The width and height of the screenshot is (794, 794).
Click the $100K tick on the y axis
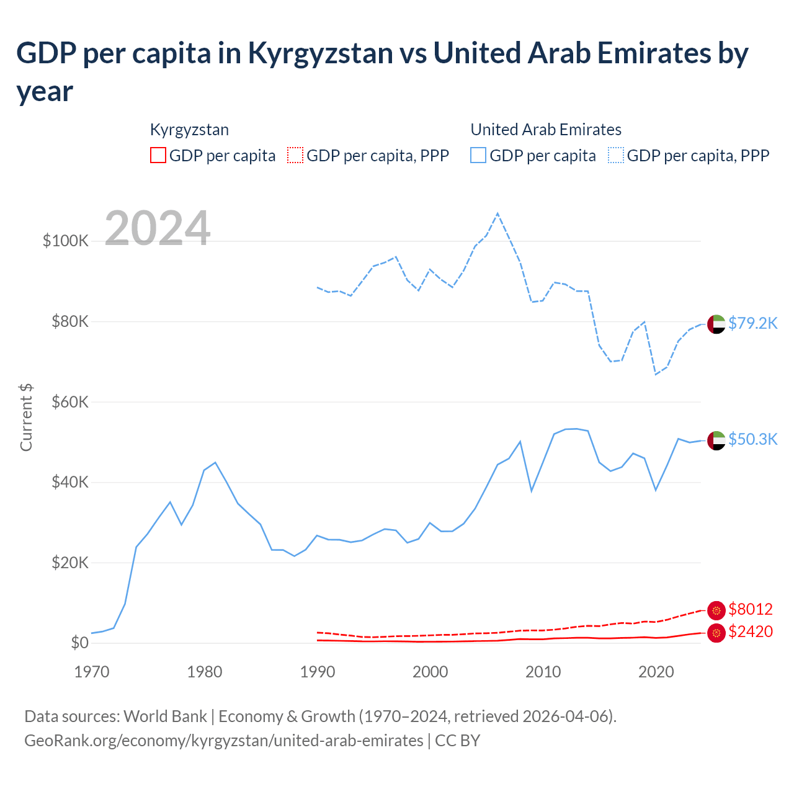66,241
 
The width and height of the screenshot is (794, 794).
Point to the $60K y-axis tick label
70,402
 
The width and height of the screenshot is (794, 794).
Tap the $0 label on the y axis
79,643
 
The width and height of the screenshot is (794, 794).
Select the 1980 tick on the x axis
205,671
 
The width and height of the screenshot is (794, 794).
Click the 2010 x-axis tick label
543,671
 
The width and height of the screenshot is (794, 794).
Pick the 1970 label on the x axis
92,671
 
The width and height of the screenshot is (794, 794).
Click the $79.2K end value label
752,323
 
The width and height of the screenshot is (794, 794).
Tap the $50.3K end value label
752,439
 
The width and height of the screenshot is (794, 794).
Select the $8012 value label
751,609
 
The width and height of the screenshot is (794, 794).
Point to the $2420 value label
751,631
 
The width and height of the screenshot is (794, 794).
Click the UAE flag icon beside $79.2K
716,324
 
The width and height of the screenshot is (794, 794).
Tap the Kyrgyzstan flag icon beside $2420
716,633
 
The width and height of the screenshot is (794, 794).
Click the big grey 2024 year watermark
158,228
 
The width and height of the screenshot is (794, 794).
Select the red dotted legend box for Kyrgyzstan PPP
296,155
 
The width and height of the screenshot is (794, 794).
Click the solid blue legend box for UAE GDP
478,155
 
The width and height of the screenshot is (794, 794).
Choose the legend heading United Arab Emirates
546,130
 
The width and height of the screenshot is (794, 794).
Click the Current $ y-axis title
26,417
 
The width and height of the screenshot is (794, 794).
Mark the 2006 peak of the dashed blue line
497,213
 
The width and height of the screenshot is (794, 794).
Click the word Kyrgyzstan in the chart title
320,53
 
